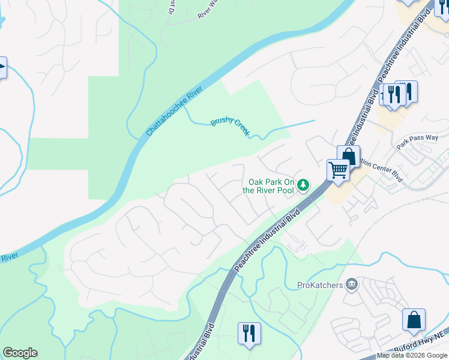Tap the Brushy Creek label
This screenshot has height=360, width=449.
point(229,127)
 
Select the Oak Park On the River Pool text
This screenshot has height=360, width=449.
point(268,186)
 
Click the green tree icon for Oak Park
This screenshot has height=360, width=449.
point(304,184)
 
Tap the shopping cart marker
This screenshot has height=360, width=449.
point(339,170)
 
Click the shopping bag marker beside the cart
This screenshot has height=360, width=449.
point(349,156)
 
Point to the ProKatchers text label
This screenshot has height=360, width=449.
point(320,285)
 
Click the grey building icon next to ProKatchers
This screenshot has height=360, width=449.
point(352,284)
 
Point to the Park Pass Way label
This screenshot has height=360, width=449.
point(417,142)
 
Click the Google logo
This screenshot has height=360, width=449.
point(20,353)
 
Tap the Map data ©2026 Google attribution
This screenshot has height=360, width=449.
point(412,355)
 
